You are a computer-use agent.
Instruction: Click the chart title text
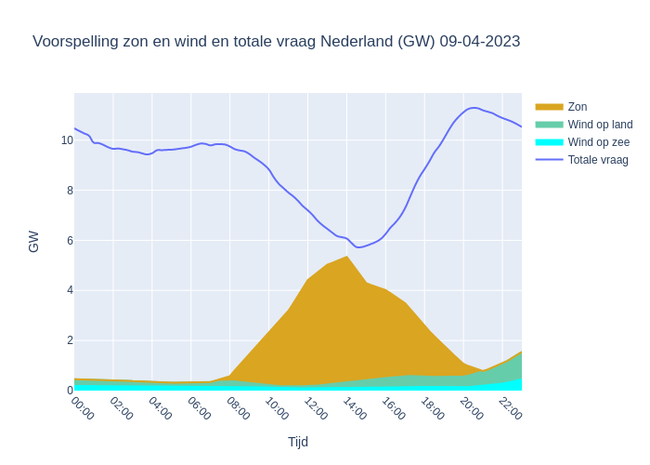point(276,42)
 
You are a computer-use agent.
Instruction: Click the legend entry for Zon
point(577,107)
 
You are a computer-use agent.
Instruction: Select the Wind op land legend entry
point(600,125)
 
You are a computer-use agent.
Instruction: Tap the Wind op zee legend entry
point(598,142)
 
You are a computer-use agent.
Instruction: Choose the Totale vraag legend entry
point(598,160)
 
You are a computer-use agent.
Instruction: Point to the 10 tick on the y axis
point(67,140)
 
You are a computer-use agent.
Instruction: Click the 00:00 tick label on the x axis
point(83,408)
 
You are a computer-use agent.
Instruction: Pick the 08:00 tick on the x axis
point(238,408)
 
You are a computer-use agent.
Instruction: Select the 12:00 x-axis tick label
point(316,408)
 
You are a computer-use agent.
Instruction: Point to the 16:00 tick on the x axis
point(394,408)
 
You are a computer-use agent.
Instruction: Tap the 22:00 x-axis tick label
point(510,408)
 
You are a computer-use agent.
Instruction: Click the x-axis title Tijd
point(297,442)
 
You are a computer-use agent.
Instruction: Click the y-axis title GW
point(33,242)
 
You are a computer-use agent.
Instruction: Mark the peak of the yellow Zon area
point(346,256)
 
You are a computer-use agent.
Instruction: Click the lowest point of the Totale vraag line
point(358,247)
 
